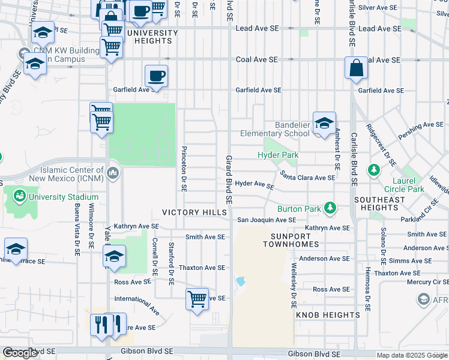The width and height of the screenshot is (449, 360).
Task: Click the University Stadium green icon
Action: pos(19,196)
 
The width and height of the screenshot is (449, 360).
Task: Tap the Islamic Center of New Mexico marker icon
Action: pos(113,174)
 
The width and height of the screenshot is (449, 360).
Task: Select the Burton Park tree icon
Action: pos(329,208)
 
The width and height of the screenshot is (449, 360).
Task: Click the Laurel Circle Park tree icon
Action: pos(375,170)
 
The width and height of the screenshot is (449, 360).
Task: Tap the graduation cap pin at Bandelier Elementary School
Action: pos(324,123)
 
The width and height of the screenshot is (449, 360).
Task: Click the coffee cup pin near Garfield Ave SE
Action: pos(156,76)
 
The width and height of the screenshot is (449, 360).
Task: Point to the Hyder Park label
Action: pos(278,155)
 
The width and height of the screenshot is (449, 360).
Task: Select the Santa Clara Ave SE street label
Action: pos(307,178)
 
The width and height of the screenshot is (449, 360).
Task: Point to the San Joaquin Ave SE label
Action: pos(267,220)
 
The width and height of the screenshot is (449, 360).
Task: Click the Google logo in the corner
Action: pos(20,353)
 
